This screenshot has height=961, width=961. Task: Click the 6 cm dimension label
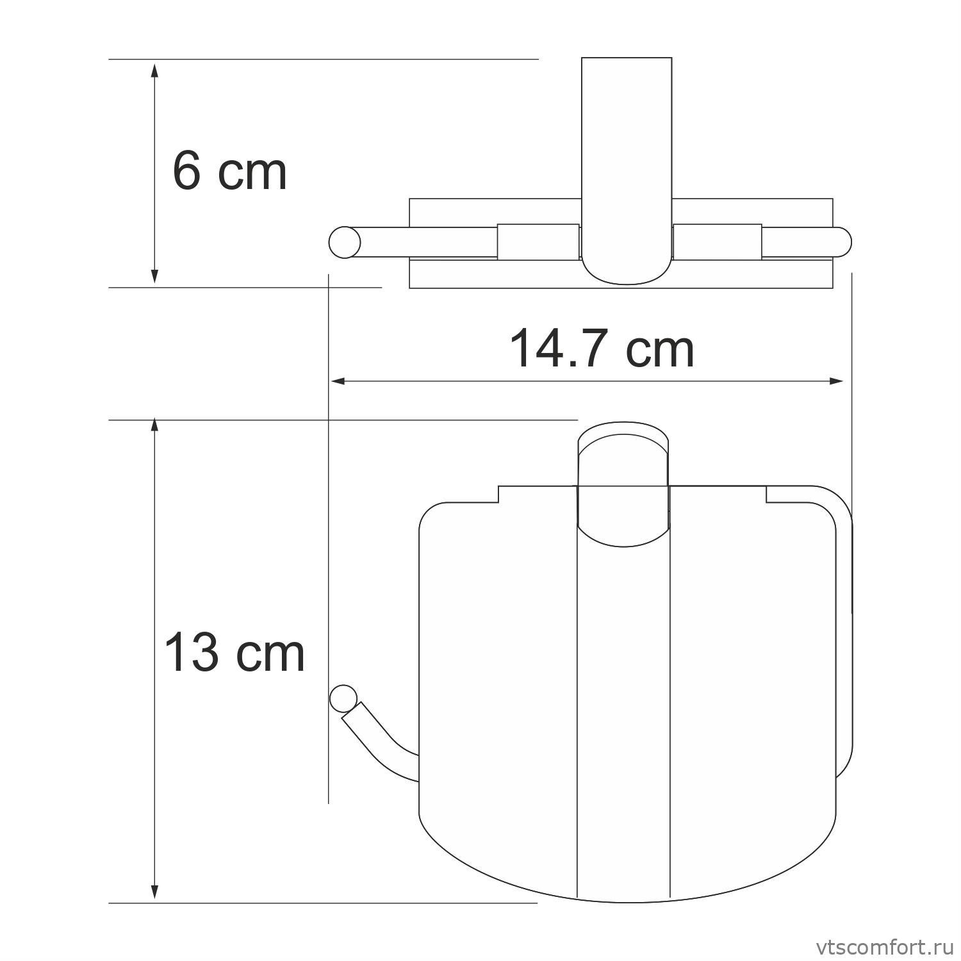click(x=229, y=172)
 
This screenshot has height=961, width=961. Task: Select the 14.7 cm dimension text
click(x=601, y=349)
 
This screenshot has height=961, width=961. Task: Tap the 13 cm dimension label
click(x=234, y=653)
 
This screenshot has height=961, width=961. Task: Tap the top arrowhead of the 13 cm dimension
click(x=154, y=428)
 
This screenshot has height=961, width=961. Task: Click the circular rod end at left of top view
click(x=345, y=242)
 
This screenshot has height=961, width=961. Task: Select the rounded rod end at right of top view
click(x=842, y=242)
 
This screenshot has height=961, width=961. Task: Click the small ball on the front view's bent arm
click(x=343, y=699)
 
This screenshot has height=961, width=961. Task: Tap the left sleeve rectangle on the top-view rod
click(x=538, y=242)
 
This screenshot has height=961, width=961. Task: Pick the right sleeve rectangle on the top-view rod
click(x=718, y=242)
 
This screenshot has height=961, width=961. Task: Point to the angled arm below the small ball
click(x=378, y=737)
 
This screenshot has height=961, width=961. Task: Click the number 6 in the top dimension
click(x=187, y=172)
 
